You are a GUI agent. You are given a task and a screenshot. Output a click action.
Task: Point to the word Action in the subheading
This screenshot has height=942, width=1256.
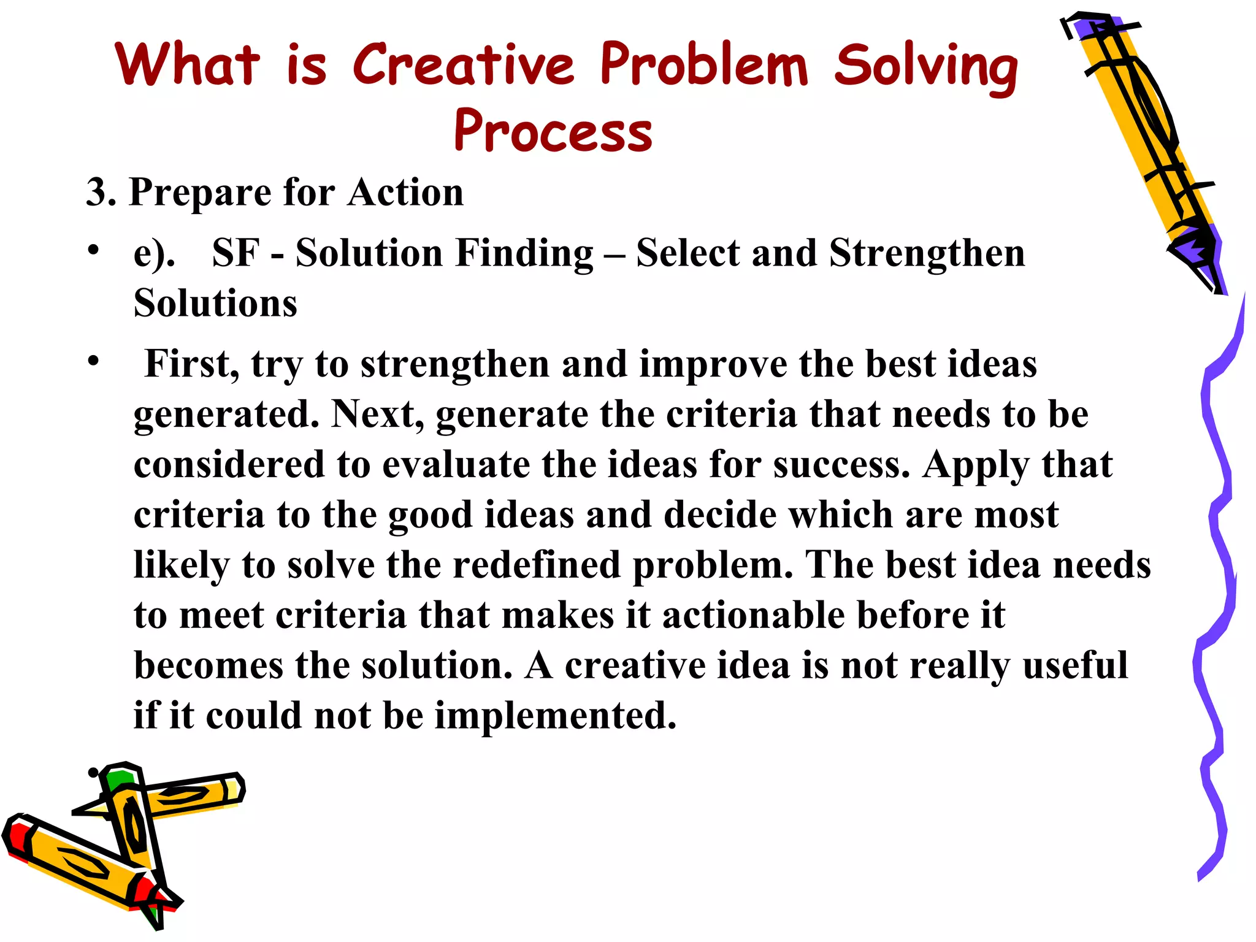click(405, 193)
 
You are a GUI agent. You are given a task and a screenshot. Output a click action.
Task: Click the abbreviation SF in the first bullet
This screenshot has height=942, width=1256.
click(235, 253)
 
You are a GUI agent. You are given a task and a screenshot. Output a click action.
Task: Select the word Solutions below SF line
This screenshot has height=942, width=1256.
click(215, 304)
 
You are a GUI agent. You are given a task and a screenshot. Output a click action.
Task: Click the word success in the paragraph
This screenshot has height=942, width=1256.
click(841, 464)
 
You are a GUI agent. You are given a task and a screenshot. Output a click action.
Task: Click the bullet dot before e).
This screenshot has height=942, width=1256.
click(93, 250)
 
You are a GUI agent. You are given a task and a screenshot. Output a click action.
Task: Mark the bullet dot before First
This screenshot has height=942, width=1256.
click(93, 361)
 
